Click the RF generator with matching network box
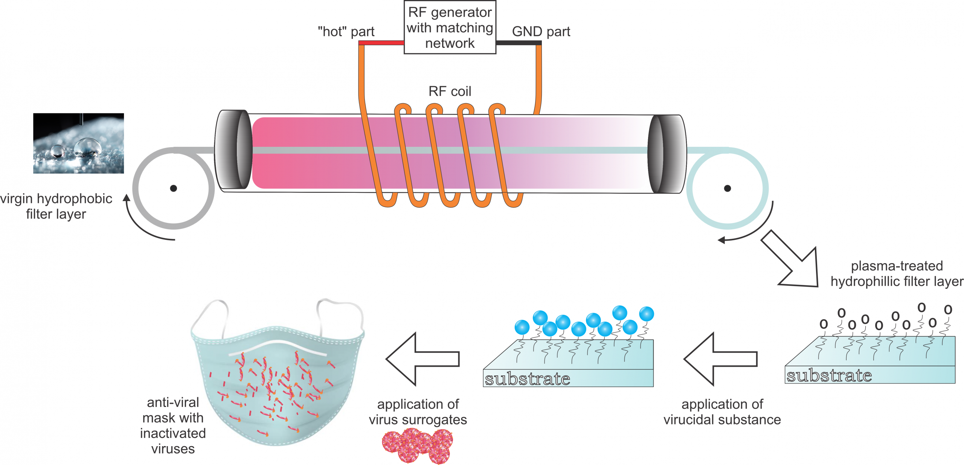[x=450, y=27]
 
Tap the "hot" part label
[x=346, y=32]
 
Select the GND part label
[x=541, y=32]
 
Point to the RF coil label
[x=450, y=91]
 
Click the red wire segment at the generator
[x=381, y=43]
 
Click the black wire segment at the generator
[x=519, y=43]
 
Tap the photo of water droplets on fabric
[x=78, y=143]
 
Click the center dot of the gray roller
[x=174, y=188]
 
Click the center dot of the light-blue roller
[x=728, y=188]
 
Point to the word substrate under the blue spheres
[x=527, y=379]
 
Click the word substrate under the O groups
[x=829, y=375]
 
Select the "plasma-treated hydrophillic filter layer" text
[x=897, y=274]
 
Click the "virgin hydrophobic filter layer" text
[x=56, y=206]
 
